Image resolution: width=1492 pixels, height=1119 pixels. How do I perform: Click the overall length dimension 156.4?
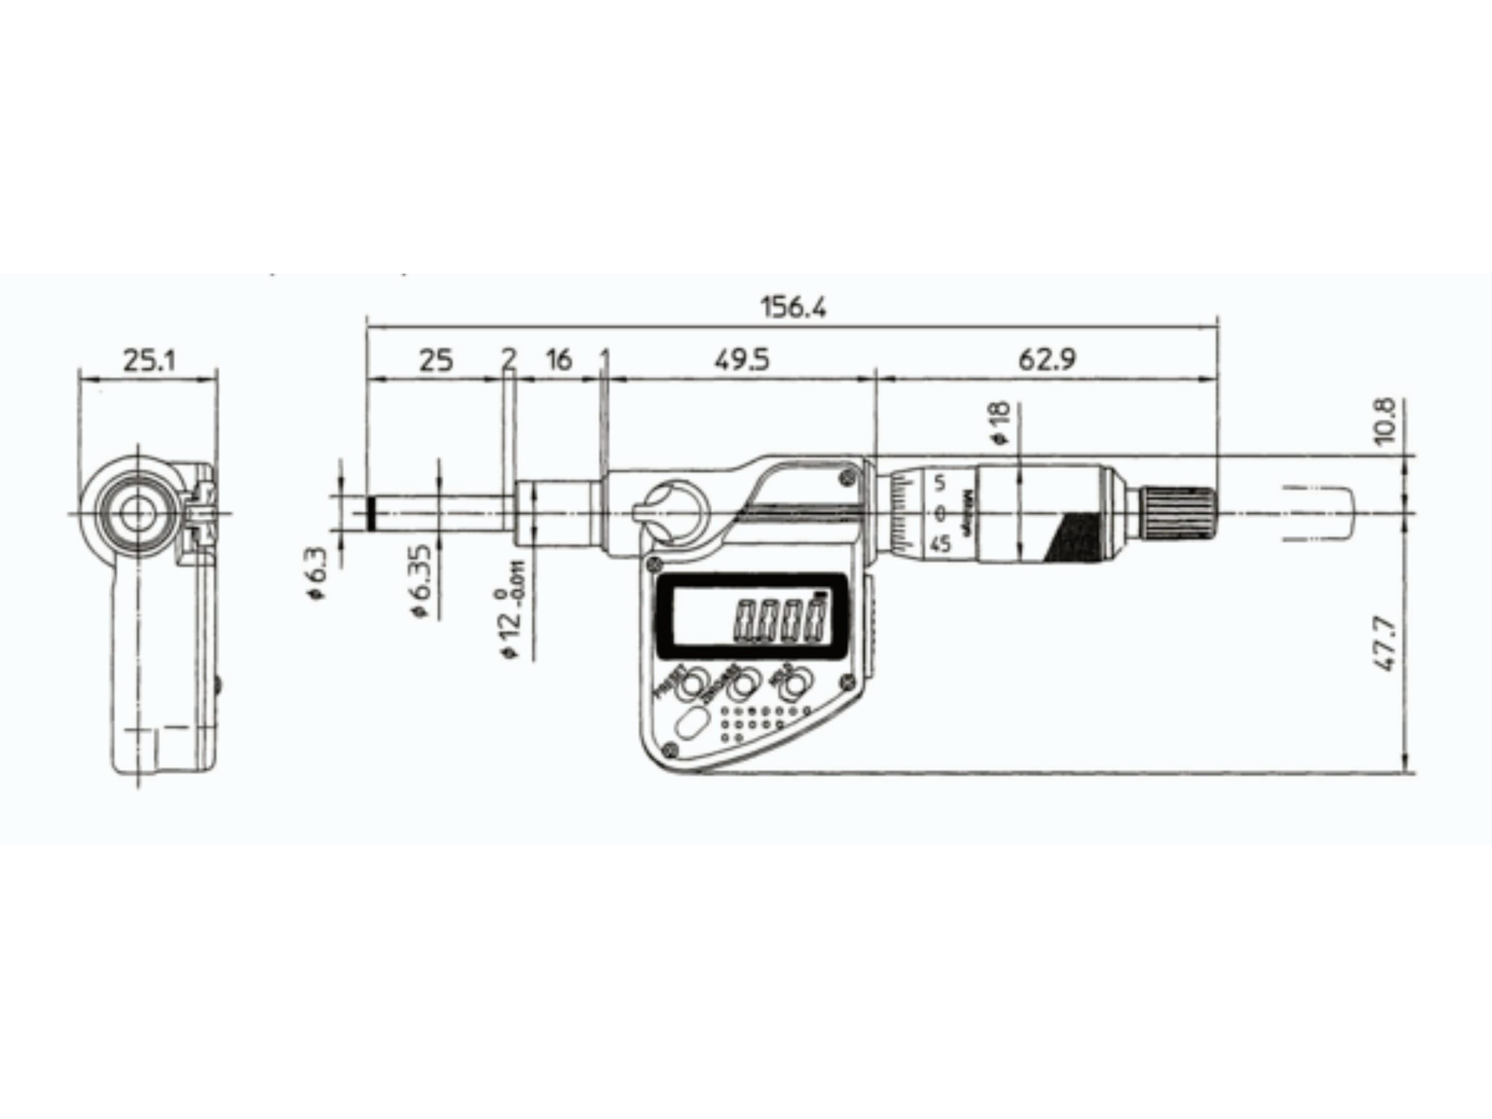793,308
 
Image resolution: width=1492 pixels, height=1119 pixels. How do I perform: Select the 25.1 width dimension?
149,360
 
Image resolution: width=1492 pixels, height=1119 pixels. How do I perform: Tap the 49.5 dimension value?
741,360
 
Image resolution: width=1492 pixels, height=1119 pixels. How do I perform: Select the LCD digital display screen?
752,617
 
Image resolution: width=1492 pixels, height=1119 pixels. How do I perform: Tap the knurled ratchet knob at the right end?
1179,513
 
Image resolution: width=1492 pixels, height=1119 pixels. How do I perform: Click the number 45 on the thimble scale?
941,544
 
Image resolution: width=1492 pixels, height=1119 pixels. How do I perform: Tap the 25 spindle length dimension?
436,360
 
